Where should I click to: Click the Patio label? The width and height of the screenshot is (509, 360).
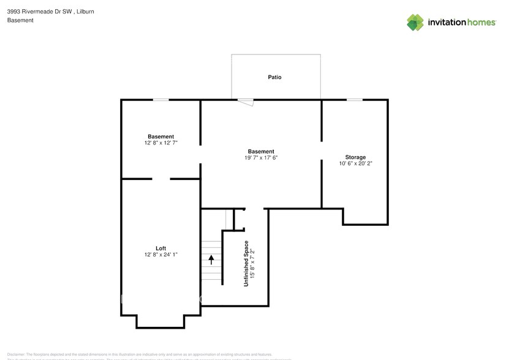click(274, 77)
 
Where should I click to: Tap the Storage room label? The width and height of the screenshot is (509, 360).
click(355, 157)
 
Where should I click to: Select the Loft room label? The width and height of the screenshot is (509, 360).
click(160, 248)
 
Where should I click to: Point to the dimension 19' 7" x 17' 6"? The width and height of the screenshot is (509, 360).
click(261, 158)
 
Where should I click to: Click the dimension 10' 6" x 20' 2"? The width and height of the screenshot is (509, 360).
click(355, 163)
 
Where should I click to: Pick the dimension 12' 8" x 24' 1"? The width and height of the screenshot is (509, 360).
click(160, 254)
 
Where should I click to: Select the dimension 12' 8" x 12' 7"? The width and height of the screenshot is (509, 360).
click(160, 143)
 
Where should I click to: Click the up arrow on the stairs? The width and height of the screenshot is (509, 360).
click(212, 260)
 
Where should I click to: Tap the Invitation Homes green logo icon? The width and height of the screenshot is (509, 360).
click(415, 22)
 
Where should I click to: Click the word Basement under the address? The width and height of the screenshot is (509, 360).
click(20, 20)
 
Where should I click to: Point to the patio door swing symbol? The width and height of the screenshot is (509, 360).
click(246, 102)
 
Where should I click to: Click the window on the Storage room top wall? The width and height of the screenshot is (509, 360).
click(354, 99)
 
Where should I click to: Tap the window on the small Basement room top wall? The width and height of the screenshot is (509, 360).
click(160, 99)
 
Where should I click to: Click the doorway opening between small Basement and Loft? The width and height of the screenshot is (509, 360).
click(161, 179)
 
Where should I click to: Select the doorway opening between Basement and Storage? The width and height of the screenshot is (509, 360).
click(322, 151)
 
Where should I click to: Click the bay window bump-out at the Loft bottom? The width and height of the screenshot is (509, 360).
click(160, 322)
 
